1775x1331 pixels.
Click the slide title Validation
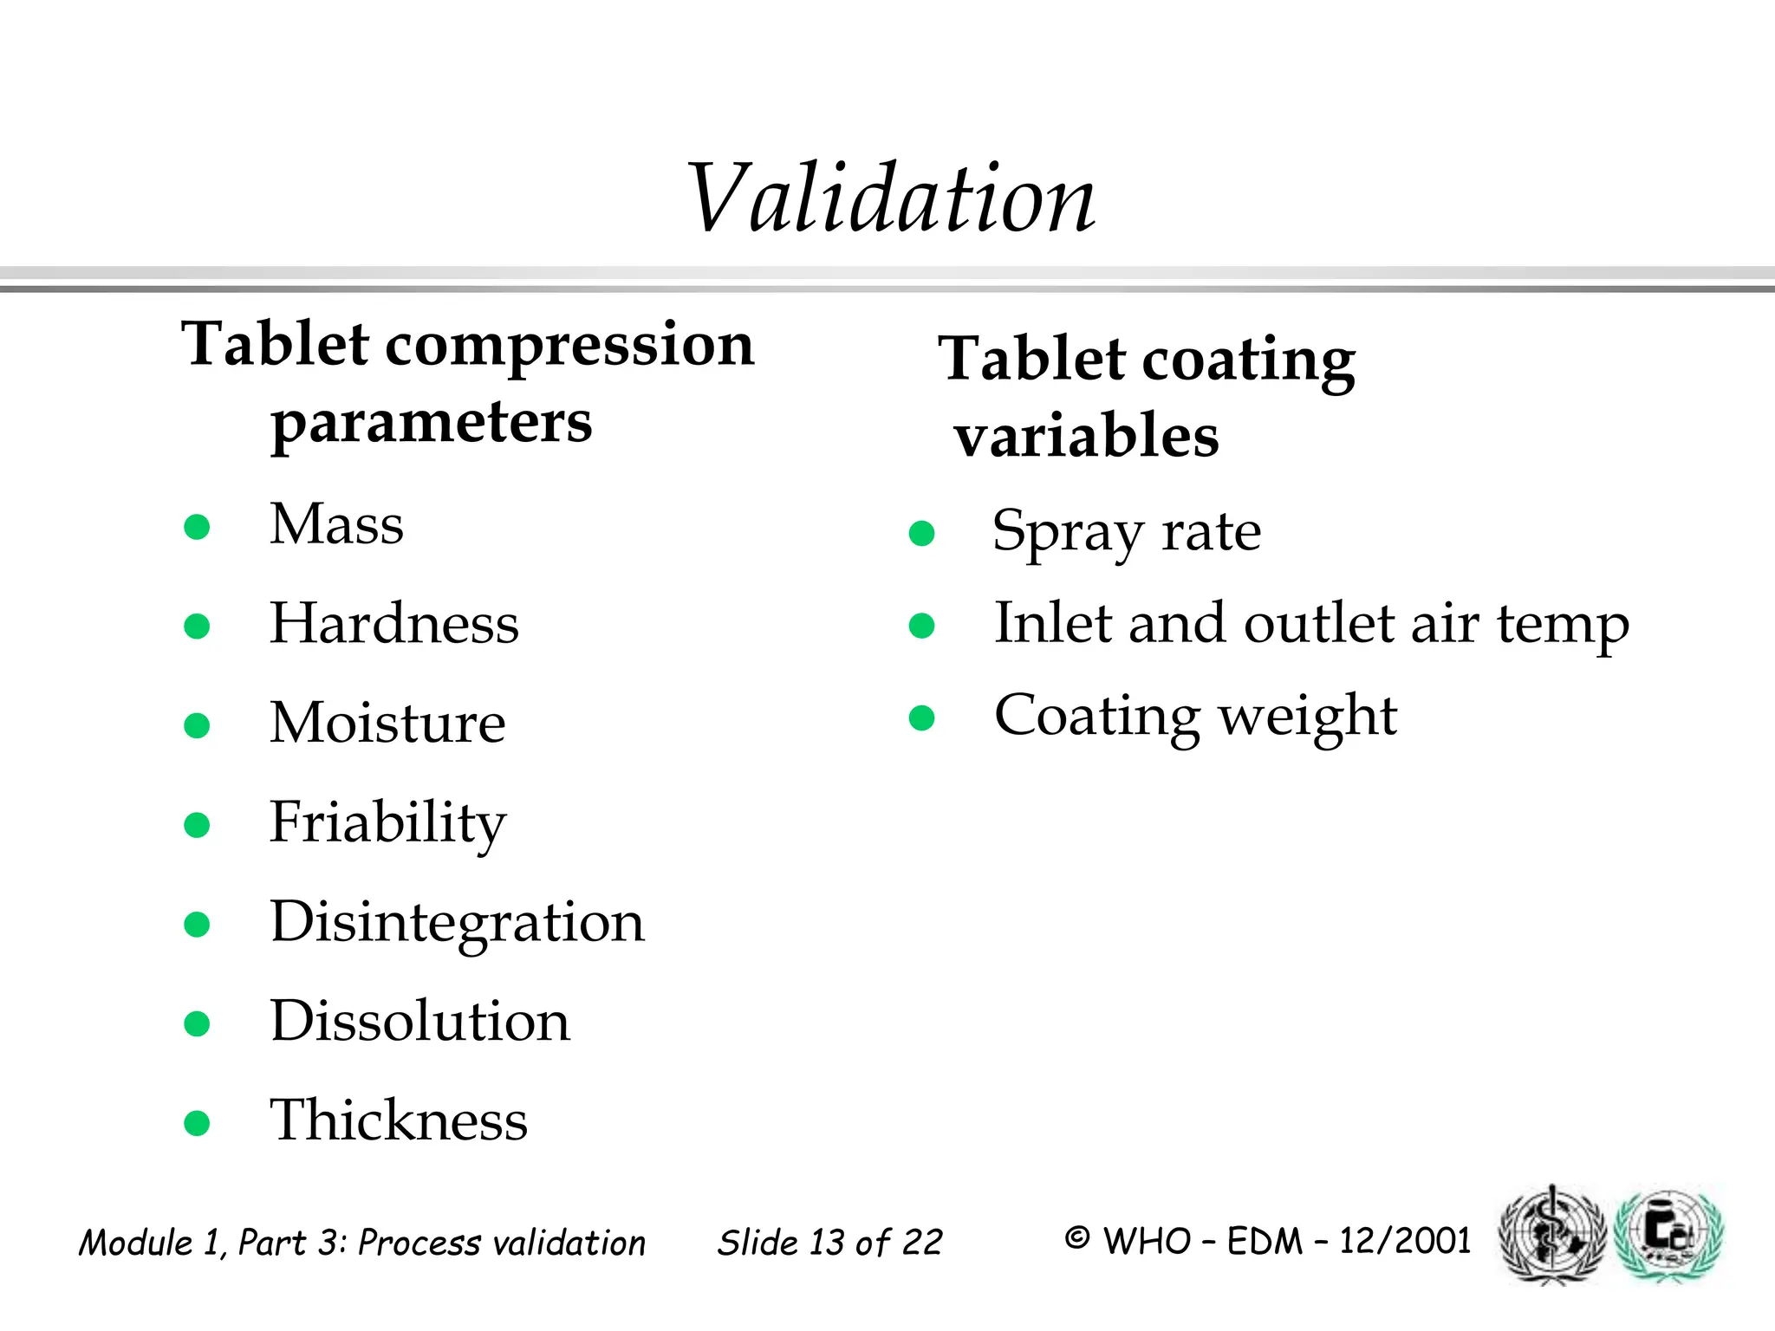[x=891, y=199]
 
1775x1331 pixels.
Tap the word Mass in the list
[x=336, y=525]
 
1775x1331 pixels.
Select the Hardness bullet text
[x=394, y=624]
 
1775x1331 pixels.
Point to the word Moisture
[x=387, y=723]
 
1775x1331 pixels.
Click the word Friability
[x=387, y=823]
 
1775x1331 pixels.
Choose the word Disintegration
[x=458, y=922]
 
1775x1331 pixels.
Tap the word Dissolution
[x=420, y=1021]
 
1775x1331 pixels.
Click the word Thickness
[x=399, y=1120]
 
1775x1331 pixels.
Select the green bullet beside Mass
[x=198, y=527]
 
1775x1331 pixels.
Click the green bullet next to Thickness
[x=198, y=1123]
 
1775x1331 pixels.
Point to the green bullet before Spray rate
[x=921, y=533]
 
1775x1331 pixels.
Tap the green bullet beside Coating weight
[x=921, y=717]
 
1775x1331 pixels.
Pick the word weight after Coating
[x=1308, y=717]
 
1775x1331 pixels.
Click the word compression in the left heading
[x=569, y=345]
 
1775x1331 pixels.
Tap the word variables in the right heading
[x=1087, y=436]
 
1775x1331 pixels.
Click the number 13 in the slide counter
[x=828, y=1243]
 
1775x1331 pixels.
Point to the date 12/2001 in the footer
[x=1405, y=1241]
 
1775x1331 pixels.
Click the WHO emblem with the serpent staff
[x=1552, y=1234]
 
